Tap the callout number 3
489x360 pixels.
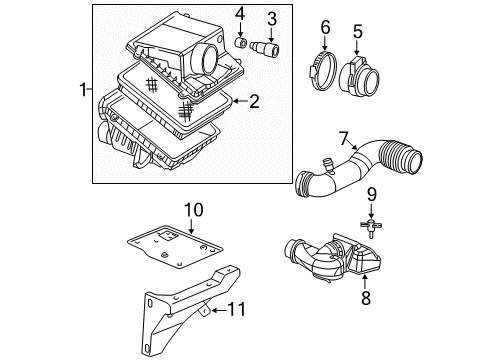[269, 17]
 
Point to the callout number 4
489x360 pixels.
[240, 14]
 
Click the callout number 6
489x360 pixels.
[325, 27]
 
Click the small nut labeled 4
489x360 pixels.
[240, 44]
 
